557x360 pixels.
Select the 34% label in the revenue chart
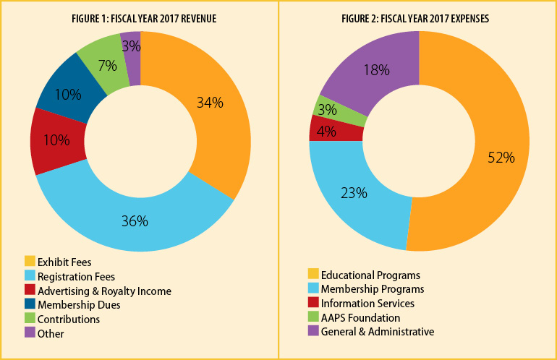pos(210,103)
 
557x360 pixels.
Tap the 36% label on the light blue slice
pos(134,221)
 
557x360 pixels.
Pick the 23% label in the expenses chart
pos(354,193)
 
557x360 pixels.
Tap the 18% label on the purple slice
pos(377,70)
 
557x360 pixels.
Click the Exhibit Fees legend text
pos(64,262)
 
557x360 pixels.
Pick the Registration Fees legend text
pos(76,276)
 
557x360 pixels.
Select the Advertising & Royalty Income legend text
pos(104,291)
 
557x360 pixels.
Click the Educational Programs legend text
pos(370,275)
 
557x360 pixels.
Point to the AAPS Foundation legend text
pos(360,317)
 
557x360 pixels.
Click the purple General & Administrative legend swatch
pos(312,332)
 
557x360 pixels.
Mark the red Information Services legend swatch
pos(312,304)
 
